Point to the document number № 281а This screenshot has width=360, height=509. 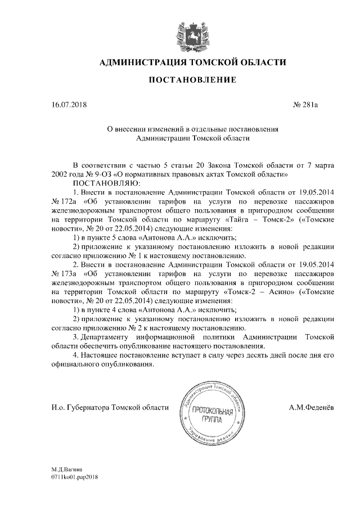(306, 104)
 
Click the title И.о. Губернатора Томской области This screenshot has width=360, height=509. (106, 407)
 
